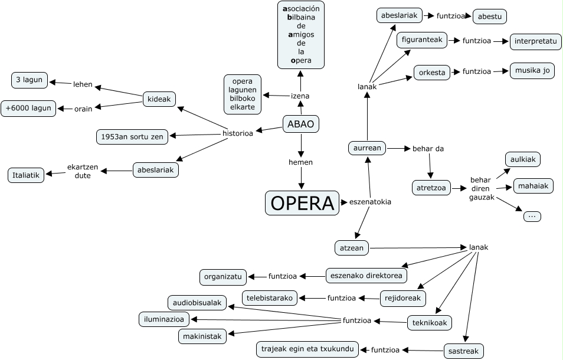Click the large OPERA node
pos(302,203)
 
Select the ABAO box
pos(301,124)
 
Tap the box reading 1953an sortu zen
pos(132,137)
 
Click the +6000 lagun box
pos(28,109)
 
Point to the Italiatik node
pos(26,175)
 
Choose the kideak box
pos(159,99)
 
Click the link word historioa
pos(238,133)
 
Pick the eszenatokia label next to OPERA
pos(370,202)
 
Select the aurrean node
pos(367,148)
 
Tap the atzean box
pos(352,248)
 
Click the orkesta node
pos(432,73)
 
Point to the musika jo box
pos(532,71)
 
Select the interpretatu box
pos(536,41)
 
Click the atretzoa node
pos(431,188)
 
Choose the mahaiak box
pos(533,186)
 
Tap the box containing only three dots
pos(532,217)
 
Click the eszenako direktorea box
pos(366,276)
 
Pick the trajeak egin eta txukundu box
pos(307,349)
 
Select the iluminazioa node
pos(164,319)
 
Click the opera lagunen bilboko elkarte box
pos(243,94)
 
